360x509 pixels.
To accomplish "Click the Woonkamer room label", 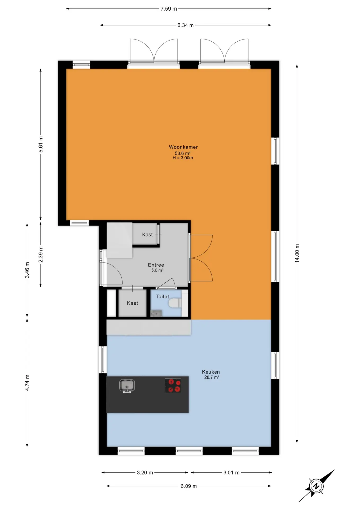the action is coord(183,147).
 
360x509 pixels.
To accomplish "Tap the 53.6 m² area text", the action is coord(183,153).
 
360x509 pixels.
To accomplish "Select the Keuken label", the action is coord(211,372).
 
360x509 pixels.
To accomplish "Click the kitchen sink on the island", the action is coord(127,386).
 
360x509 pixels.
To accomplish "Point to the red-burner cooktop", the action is coord(173,385).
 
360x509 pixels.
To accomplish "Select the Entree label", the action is coord(156,265).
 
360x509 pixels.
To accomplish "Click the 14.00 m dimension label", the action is coord(297,253).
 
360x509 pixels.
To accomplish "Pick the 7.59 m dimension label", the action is coord(169,9).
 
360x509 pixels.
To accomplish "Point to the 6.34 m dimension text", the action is coord(186,25).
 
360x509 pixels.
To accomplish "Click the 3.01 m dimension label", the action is coord(231,473).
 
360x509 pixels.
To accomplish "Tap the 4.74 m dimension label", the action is coord(27,383).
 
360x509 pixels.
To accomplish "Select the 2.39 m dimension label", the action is coord(41,254).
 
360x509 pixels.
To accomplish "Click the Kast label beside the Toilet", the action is coord(132,303).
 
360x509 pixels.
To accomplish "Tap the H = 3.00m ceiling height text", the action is coord(183,158).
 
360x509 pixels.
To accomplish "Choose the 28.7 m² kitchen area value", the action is coord(212,377).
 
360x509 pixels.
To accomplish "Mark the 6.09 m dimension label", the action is coord(189,486).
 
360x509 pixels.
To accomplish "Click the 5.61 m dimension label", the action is coord(41,144).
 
